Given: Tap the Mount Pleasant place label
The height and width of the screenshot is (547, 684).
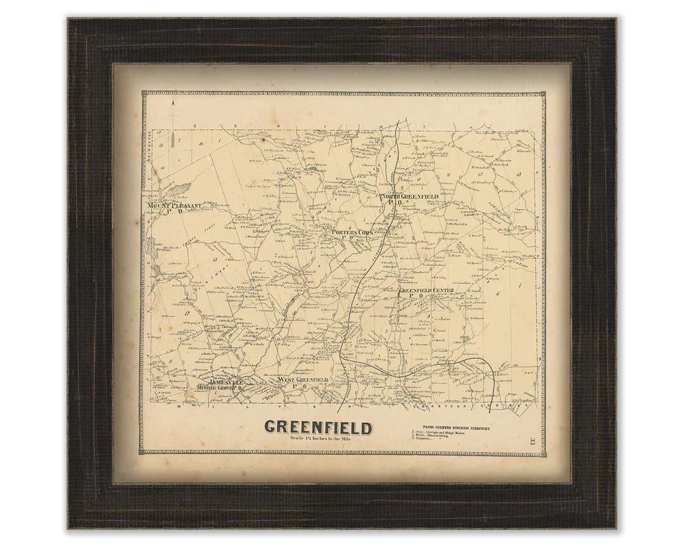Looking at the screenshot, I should [174, 206].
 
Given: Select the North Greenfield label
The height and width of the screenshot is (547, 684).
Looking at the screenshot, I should [409, 197].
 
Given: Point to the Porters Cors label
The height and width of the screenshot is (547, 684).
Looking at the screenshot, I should [353, 232].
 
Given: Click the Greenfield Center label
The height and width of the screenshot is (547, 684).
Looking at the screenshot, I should [426, 291].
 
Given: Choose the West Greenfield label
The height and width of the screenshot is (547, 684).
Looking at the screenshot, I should [303, 380].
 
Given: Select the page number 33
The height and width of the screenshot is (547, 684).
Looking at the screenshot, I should [533, 441].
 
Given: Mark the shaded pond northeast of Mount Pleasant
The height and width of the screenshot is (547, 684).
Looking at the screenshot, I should [178, 189].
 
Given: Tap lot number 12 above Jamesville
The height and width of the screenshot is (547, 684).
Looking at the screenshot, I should [187, 313].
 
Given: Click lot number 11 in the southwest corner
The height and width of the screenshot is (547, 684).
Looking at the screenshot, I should [170, 360].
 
